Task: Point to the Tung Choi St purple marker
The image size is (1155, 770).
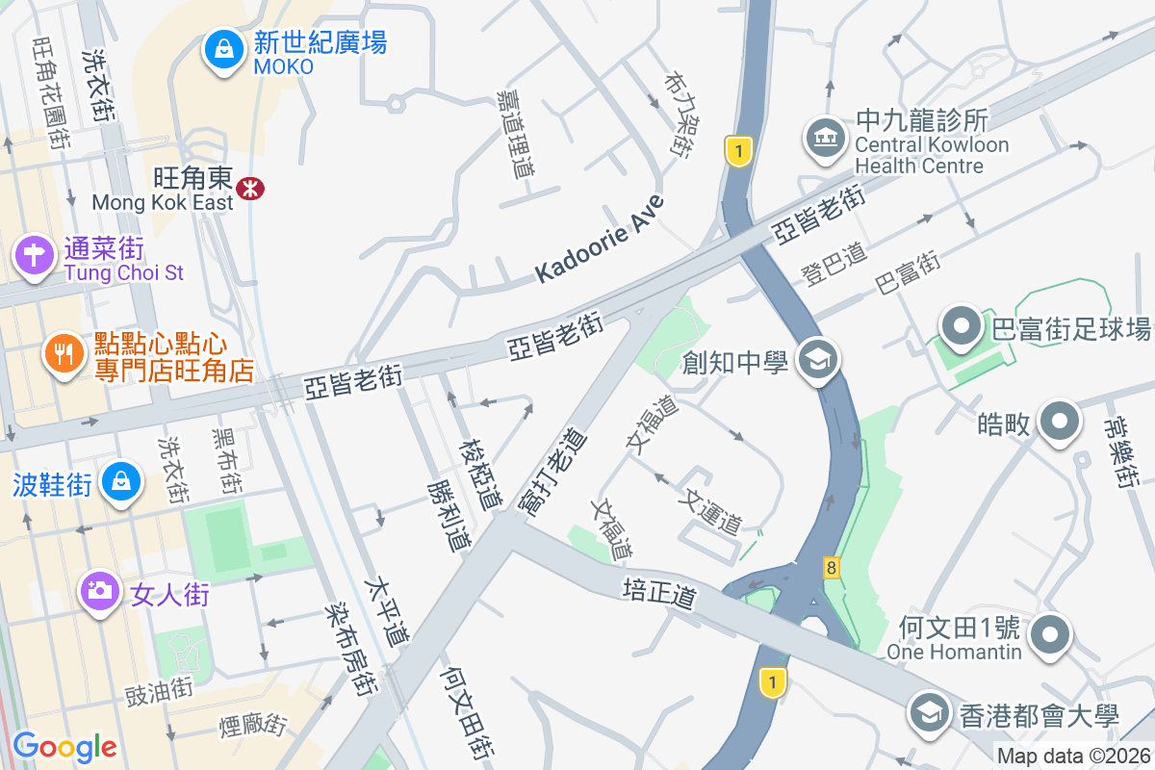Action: (x=34, y=257)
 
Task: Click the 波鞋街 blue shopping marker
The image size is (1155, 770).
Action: (x=121, y=481)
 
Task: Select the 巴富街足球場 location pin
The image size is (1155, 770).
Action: (x=962, y=327)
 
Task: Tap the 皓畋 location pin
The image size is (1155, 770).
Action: (x=1060, y=423)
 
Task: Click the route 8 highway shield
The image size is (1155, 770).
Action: (x=831, y=567)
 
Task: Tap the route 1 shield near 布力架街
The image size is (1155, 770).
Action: (x=737, y=151)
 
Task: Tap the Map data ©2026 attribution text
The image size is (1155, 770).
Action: (x=1073, y=757)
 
